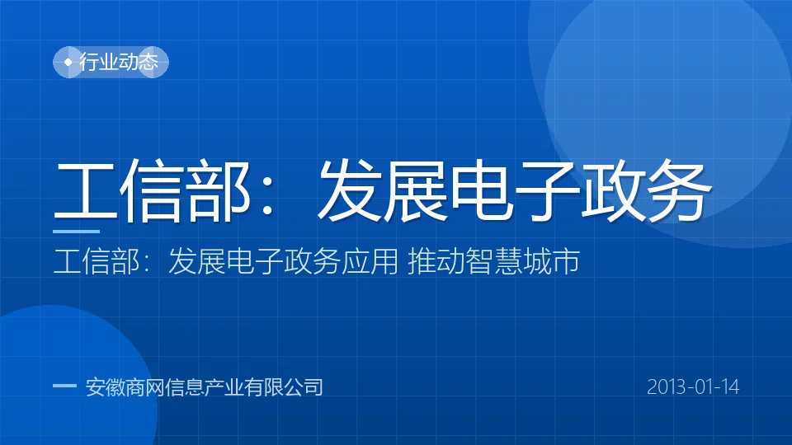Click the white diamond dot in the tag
click(68, 62)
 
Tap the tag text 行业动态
click(118, 62)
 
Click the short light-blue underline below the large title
click(76, 232)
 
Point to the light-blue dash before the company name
click(64, 386)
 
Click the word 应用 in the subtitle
click(370, 261)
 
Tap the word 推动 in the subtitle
click(436, 261)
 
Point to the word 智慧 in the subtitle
click(494, 261)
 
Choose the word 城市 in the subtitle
click(552, 261)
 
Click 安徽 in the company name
click(106, 387)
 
